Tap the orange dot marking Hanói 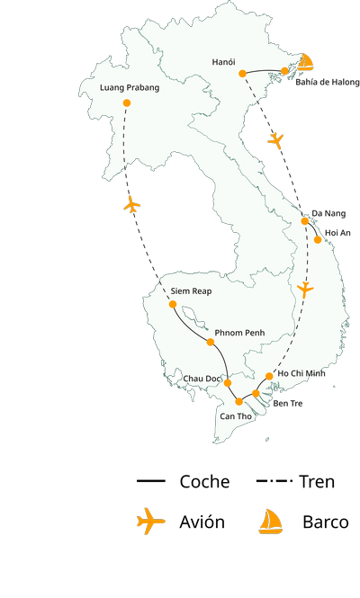243,74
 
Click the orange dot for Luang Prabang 126,103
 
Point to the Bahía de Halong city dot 285,70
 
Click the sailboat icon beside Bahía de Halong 306,62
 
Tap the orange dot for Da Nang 305,220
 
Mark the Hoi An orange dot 318,240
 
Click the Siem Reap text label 190,291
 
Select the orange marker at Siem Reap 173,304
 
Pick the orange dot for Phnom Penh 211,342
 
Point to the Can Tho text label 235,416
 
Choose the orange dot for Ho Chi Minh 270,376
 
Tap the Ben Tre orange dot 256,393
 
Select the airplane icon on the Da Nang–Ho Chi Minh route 305,290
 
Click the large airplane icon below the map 150,521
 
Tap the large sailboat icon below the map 270,522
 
